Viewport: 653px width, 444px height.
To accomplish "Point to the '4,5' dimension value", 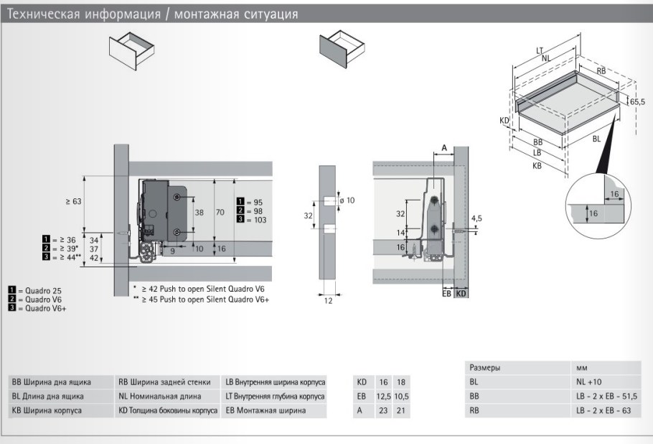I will click(x=476, y=217).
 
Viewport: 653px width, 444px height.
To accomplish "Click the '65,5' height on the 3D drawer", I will click(x=637, y=103).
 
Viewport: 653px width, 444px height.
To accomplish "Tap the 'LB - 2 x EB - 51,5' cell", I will click(x=606, y=397).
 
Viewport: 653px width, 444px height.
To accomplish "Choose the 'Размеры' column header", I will click(x=485, y=367).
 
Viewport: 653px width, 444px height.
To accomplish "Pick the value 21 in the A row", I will click(x=402, y=411).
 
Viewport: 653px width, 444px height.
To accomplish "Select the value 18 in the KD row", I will click(x=402, y=382).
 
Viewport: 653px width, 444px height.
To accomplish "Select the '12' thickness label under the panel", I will click(x=328, y=302).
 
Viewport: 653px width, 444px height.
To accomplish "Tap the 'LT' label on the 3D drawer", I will click(x=538, y=51).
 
